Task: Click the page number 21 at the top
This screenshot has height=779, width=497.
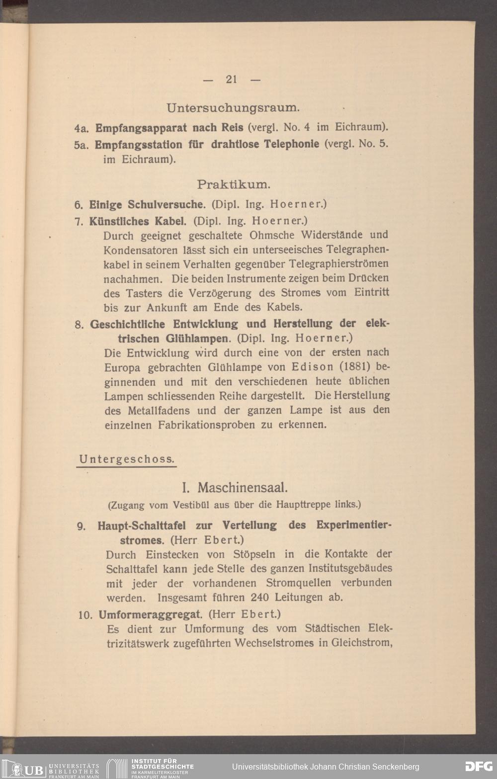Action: (x=231, y=79)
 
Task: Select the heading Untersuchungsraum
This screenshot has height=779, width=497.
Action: (x=233, y=107)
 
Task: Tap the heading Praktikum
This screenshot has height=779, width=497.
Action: (x=234, y=184)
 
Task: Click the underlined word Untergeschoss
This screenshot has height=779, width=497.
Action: (x=127, y=459)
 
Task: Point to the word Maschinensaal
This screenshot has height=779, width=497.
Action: (x=243, y=487)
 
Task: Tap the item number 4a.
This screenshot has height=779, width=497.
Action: (x=81, y=128)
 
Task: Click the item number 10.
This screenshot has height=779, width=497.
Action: (x=85, y=615)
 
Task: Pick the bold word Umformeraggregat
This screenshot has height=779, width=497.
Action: (x=151, y=614)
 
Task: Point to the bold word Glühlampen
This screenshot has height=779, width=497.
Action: (x=196, y=339)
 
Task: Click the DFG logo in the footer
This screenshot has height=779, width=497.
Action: (x=478, y=767)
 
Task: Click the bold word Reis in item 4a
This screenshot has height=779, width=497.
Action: (x=232, y=127)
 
